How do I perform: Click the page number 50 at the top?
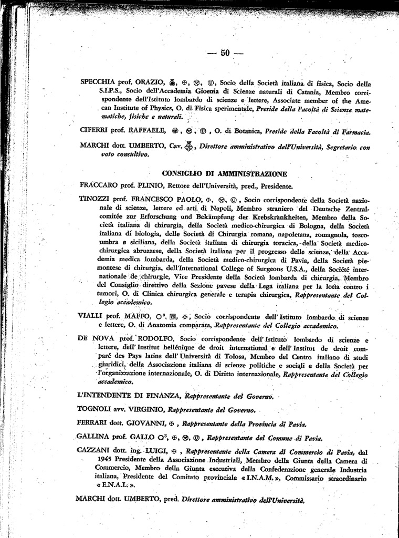tap(226, 53)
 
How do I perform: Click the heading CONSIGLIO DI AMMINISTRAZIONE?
tap(224, 173)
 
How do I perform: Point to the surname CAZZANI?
tap(95, 451)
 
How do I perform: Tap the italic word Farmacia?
tap(355, 131)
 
